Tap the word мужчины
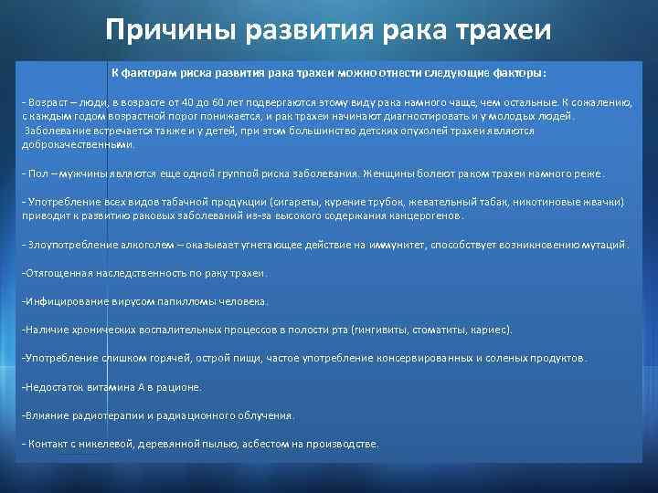(69, 173)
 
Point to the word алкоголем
(111, 245)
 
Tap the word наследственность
(123, 273)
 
